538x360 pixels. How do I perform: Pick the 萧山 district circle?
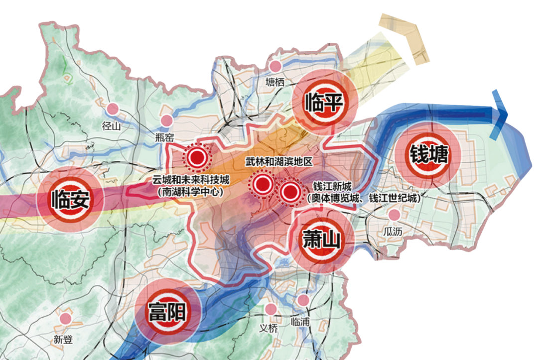(x=321, y=241)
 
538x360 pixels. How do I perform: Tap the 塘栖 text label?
(x=275, y=83)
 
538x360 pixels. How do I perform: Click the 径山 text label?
(x=112, y=125)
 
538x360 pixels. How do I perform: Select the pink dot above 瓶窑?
(x=166, y=120)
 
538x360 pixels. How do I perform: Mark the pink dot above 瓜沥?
(x=395, y=215)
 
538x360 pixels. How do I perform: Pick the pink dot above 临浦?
(x=303, y=300)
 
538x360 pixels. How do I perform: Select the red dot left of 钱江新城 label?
(x=289, y=191)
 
